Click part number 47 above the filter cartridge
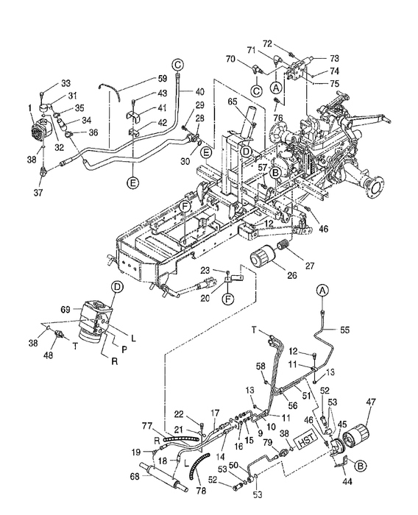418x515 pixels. (x=370, y=402)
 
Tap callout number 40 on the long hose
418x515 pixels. (x=200, y=91)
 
